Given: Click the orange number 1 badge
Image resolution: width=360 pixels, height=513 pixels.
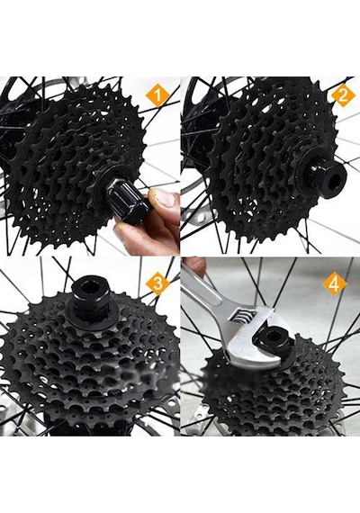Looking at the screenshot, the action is [x=157, y=96].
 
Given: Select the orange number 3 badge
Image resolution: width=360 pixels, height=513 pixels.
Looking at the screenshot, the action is [x=158, y=283].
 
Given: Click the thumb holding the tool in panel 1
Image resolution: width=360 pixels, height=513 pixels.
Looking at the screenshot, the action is [x=163, y=199].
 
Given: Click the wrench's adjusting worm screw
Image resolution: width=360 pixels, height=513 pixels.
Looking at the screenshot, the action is [x=245, y=317].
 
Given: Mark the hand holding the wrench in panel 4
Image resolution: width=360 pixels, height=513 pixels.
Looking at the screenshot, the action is [x=193, y=265].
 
